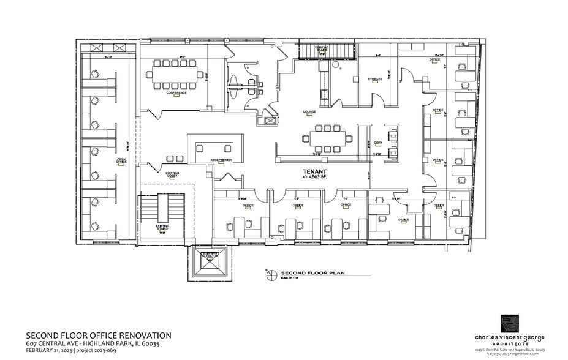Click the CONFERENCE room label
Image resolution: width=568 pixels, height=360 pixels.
[176, 93]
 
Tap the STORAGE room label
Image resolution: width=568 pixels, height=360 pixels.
[375, 80]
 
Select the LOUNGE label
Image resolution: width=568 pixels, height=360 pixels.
[309, 112]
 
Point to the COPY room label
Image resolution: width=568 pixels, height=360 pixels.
[378, 143]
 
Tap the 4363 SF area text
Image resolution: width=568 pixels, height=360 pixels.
[313, 178]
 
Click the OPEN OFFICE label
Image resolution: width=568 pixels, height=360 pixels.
[122, 162]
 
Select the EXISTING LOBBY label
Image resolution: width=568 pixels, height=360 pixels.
[172, 174]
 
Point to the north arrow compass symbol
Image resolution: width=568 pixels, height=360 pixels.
[268, 274]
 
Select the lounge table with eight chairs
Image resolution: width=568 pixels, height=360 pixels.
[327, 138]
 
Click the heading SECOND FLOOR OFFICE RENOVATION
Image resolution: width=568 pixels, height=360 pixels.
[99, 336]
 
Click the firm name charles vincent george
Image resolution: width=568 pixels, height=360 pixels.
[510, 338]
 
